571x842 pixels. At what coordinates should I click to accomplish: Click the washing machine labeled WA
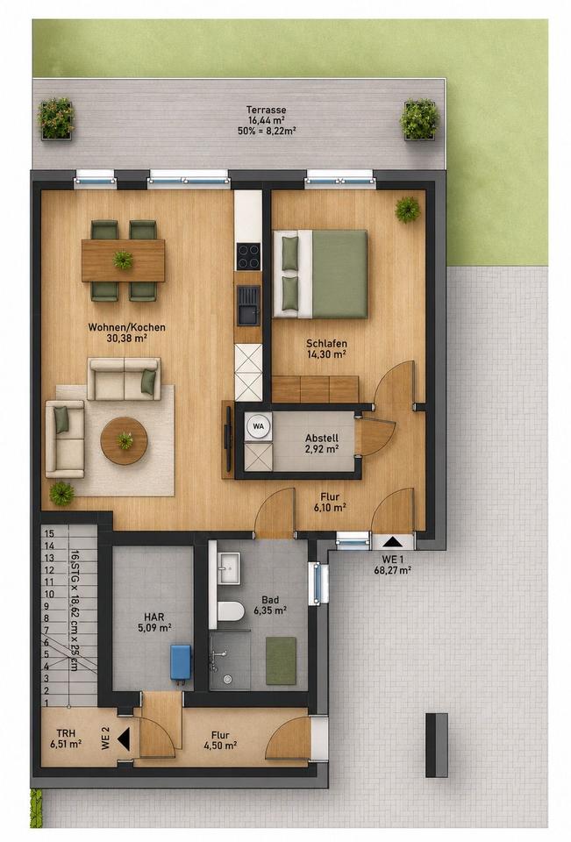pyautogui.click(x=259, y=426)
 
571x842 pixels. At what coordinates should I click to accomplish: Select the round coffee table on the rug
pyautogui.click(x=124, y=440)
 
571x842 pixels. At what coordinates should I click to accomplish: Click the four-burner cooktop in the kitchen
pyautogui.click(x=249, y=256)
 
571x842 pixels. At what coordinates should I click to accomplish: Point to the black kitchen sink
pyautogui.click(x=249, y=305)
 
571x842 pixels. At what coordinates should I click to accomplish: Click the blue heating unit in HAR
pyautogui.click(x=182, y=664)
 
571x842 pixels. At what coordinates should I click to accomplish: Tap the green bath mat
pyautogui.click(x=281, y=660)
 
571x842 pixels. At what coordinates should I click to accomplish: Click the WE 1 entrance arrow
pyautogui.click(x=392, y=541)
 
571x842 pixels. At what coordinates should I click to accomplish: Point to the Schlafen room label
pyautogui.click(x=326, y=343)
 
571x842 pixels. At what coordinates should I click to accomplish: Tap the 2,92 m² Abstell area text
pyautogui.click(x=322, y=449)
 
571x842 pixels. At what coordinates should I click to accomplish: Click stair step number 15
pyautogui.click(x=49, y=534)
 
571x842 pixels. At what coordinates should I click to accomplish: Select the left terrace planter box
pyautogui.click(x=56, y=118)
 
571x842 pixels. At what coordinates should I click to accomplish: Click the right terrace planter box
pyautogui.click(x=419, y=119)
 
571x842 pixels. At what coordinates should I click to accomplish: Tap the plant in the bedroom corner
pyautogui.click(x=408, y=210)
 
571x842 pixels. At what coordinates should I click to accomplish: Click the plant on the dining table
pyautogui.click(x=123, y=260)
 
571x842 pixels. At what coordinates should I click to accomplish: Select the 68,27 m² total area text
pyautogui.click(x=393, y=570)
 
